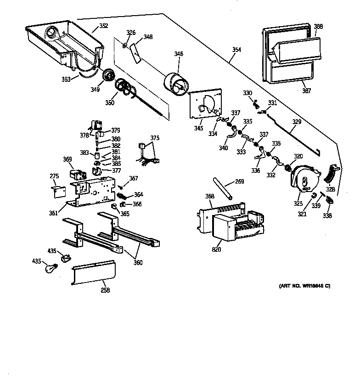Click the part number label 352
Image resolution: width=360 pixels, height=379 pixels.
pyautogui.click(x=104, y=26)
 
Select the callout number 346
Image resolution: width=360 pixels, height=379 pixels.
pyautogui.click(x=178, y=54)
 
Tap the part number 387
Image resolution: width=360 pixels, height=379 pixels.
pyautogui.click(x=306, y=91)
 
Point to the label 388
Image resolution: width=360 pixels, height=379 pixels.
pyautogui.click(x=318, y=27)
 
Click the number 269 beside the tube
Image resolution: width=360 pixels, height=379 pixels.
pyautogui.click(x=239, y=182)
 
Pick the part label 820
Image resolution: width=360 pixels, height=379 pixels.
pyautogui.click(x=216, y=249)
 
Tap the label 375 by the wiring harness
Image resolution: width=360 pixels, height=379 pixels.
pyautogui.click(x=155, y=137)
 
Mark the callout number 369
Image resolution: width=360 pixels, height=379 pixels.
pyautogui.click(x=67, y=159)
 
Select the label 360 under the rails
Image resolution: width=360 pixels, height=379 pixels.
pyautogui.click(x=137, y=262)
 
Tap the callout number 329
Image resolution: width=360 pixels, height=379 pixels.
pyautogui.click(x=297, y=122)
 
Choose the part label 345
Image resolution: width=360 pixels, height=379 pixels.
pyautogui.click(x=198, y=128)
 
